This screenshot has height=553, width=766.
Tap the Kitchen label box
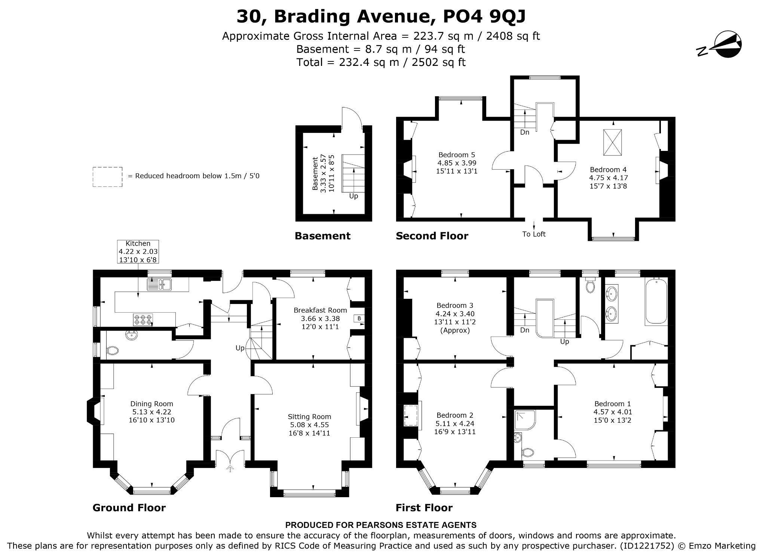tap(138, 252)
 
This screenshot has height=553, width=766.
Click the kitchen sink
tap(159, 285)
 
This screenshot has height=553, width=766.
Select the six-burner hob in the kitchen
tap(143, 319)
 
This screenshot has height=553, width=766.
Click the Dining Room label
tap(151, 411)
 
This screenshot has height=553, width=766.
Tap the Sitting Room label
tap(309, 425)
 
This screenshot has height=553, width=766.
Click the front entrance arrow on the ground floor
tap(230, 468)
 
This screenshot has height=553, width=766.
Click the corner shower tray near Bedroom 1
tap(525, 419)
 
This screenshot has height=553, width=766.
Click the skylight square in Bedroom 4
tap(612, 142)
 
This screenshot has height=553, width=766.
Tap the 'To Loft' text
tap(534, 234)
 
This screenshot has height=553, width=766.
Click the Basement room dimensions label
tap(323, 173)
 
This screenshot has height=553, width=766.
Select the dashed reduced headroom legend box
tap(108, 177)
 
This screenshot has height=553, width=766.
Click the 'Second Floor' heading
tap(432, 236)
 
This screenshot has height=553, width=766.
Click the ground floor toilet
tap(112, 351)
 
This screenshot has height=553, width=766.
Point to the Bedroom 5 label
tap(457, 163)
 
